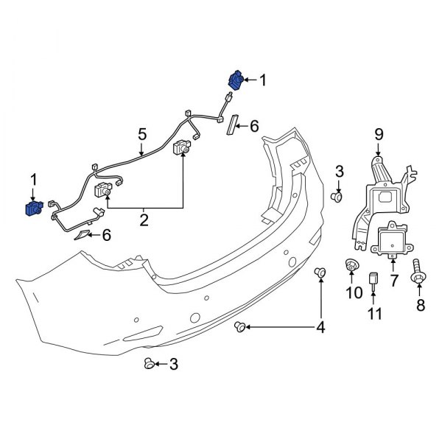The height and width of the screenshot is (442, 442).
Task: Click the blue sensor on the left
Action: (32, 209)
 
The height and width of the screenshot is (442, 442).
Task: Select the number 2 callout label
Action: (144, 219)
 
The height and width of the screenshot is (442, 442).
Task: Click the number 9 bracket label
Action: (379, 133)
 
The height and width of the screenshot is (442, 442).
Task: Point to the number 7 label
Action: (393, 281)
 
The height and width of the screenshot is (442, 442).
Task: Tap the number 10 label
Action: (351, 293)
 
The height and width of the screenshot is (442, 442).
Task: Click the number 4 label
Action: (320, 326)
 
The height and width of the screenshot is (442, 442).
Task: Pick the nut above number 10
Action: (351, 264)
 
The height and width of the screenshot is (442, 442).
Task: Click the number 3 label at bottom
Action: (174, 363)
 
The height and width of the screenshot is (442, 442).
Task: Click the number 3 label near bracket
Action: (339, 172)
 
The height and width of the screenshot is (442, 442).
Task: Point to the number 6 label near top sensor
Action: (254, 127)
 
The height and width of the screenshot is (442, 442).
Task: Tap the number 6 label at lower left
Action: (106, 235)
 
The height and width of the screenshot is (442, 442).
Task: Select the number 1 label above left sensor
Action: (32, 179)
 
